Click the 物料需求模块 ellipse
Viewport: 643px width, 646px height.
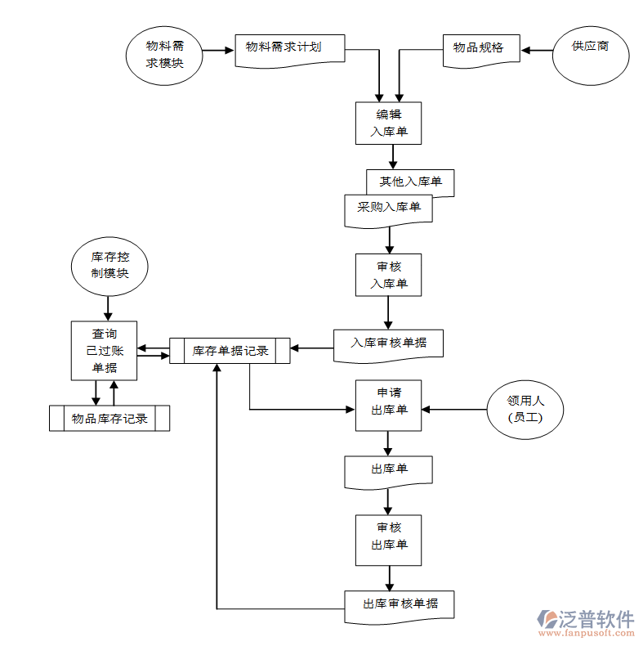(164, 55)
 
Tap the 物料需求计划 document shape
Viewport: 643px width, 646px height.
(289, 49)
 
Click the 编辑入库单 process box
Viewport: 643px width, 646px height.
(388, 123)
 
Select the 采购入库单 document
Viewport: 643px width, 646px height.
(388, 209)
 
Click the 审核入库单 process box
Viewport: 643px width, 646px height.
(388, 275)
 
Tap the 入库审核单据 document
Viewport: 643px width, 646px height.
(388, 343)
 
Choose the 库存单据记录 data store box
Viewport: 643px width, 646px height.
(230, 351)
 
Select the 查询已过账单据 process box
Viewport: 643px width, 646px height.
(104, 350)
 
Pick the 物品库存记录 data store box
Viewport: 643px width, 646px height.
(109, 418)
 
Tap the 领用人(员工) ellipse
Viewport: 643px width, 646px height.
(525, 409)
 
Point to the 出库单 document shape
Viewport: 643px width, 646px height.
(388, 470)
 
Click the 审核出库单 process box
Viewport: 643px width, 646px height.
(388, 539)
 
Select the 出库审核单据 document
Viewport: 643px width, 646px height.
(400, 604)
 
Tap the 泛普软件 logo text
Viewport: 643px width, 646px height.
(596, 618)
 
